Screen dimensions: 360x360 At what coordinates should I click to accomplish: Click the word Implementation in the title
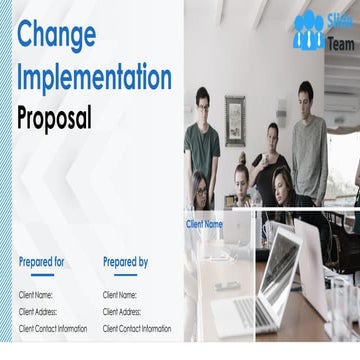coord(95,77)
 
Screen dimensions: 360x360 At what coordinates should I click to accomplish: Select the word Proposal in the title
coord(54,118)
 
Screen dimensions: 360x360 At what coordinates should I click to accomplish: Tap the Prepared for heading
coord(42,262)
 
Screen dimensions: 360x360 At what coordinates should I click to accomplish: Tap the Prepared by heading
coord(125,262)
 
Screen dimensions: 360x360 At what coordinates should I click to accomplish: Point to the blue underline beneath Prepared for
coord(41,274)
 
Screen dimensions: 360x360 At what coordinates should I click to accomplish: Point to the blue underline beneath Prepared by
coord(124,274)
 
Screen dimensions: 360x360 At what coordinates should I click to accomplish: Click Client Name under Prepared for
coord(36,295)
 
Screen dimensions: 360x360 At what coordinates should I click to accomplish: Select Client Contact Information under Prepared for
coord(53,328)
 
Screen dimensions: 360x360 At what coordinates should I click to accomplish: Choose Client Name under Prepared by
coord(120,295)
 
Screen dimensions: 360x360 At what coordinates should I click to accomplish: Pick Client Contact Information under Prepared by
coord(137,328)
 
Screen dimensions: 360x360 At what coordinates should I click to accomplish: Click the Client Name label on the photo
coord(204,224)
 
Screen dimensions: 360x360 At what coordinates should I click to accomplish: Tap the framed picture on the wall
coord(235,120)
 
